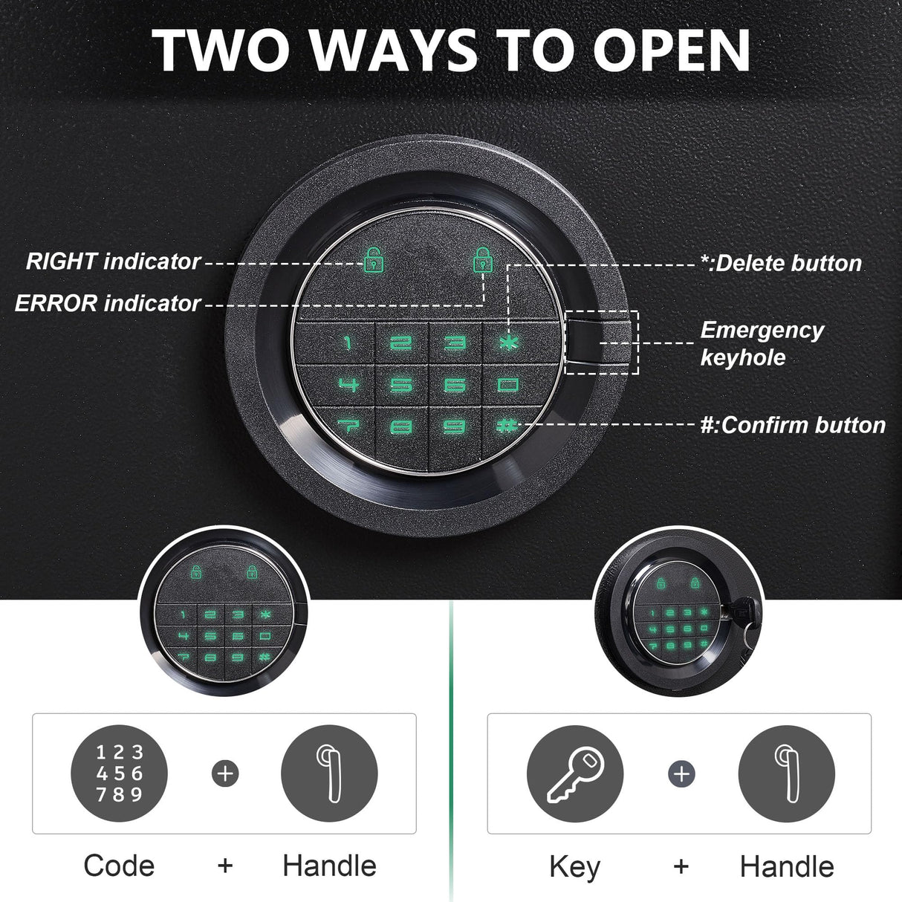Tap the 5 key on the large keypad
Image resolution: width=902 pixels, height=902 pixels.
point(401,385)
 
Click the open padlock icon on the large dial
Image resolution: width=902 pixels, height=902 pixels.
point(373,260)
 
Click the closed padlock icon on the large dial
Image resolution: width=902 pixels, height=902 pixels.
point(484,260)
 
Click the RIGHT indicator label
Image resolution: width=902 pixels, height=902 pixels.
point(113,262)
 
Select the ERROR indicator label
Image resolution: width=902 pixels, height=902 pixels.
point(108,303)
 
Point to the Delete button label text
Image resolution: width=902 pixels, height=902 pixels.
point(780,263)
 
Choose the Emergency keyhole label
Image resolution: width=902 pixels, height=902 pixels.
point(761,343)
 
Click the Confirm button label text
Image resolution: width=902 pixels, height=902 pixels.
point(793,425)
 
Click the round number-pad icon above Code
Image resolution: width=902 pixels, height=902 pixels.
point(119,773)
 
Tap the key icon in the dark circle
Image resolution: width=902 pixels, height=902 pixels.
point(574,773)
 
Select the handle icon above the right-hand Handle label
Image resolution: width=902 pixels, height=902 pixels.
point(786,773)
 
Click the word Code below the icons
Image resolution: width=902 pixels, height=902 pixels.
point(119,866)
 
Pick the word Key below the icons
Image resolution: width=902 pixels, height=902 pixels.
point(574,867)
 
